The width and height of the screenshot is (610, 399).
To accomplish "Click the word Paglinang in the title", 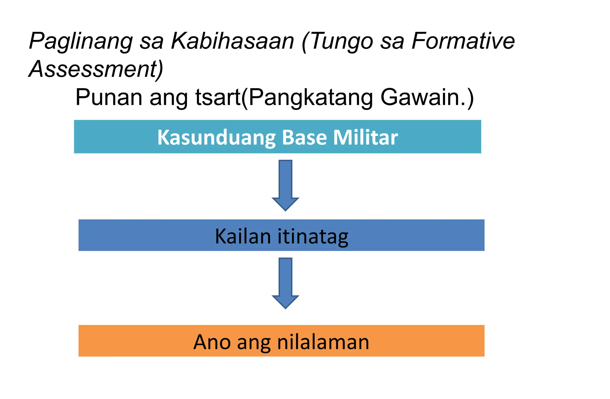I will (x=81, y=41).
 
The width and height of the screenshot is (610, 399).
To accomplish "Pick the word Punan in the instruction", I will (x=109, y=97).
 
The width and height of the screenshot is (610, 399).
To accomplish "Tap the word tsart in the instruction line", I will (x=218, y=97).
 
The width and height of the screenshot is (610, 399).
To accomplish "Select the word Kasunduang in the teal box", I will (x=217, y=138).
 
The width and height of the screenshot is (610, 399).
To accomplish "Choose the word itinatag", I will (x=313, y=237).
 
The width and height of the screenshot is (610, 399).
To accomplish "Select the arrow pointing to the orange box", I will (x=285, y=283).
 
